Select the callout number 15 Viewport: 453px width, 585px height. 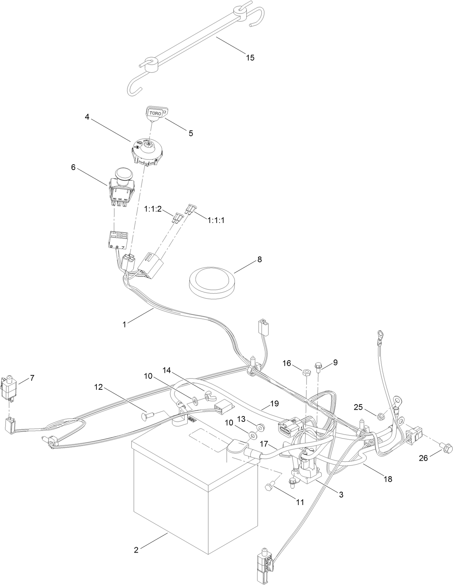(250, 57)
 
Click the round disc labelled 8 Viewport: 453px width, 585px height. (212, 280)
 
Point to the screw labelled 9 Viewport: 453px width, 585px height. (319, 368)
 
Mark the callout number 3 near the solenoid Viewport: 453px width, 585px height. (340, 495)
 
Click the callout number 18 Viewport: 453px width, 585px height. (388, 479)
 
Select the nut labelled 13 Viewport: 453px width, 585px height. (259, 427)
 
